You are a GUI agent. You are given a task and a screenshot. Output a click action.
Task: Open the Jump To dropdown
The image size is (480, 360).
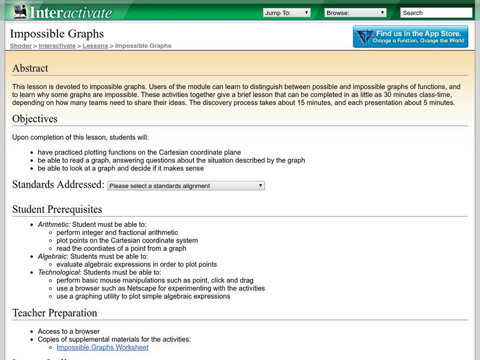286,12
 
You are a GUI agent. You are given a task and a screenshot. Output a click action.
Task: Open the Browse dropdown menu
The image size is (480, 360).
355,12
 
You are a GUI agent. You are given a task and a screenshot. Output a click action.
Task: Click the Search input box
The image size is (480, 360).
436,12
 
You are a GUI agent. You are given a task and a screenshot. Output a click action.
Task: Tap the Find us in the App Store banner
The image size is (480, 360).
410,37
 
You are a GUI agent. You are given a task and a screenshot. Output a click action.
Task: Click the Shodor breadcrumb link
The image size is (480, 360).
21,46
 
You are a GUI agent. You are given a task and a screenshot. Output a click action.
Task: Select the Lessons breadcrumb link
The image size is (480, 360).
95,46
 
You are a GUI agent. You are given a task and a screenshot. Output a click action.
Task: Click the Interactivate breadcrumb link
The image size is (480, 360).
57,46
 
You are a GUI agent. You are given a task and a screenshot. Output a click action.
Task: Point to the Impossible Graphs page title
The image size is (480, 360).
57,34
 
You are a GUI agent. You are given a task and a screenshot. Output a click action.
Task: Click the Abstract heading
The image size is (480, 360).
30,68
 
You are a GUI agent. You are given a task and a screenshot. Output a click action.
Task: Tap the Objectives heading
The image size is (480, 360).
35,119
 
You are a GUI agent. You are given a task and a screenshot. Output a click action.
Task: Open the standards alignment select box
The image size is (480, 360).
185,186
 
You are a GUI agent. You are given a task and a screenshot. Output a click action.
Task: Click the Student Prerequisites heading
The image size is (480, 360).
57,209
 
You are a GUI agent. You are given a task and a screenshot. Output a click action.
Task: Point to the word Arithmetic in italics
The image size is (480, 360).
53,224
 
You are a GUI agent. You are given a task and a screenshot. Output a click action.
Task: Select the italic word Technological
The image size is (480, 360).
59,272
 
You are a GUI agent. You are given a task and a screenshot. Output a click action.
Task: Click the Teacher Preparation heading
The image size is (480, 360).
55,313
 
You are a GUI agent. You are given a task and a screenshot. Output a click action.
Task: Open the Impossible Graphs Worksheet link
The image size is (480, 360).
103,347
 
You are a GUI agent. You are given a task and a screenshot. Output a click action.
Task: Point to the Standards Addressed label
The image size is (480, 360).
58,185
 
